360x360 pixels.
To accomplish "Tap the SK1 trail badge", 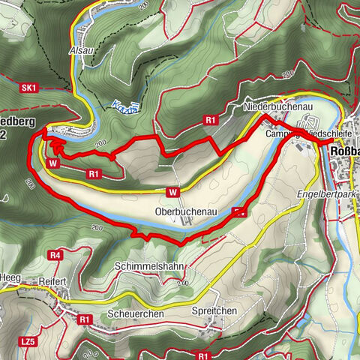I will (x=29, y=88).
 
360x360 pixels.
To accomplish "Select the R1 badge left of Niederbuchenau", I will (x=211, y=119).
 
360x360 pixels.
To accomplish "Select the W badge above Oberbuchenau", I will (x=173, y=192).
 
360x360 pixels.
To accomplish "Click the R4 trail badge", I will (x=55, y=256).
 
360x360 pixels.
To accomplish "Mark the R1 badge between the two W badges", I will (x=94, y=174).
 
